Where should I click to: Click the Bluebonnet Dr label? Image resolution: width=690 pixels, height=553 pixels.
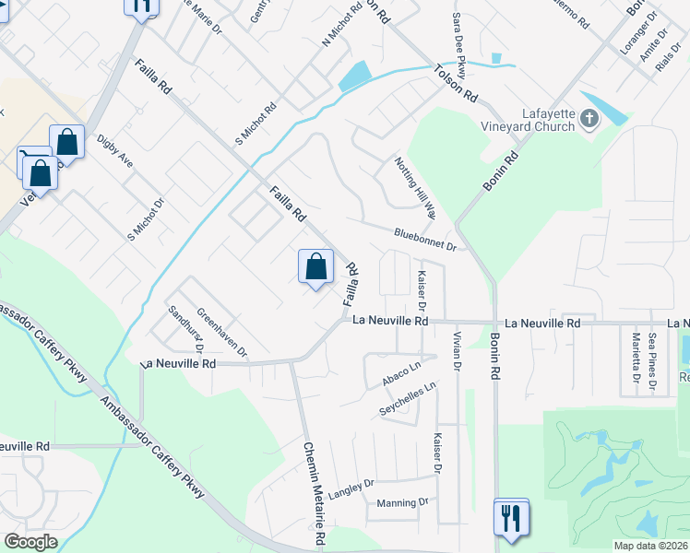point(425,241)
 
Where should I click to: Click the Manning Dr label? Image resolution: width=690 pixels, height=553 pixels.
point(403,503)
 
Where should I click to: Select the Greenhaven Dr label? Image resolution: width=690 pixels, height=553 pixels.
point(221,332)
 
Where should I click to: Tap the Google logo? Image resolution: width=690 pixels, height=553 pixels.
point(30,542)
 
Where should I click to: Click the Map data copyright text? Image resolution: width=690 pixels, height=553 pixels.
point(650,546)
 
